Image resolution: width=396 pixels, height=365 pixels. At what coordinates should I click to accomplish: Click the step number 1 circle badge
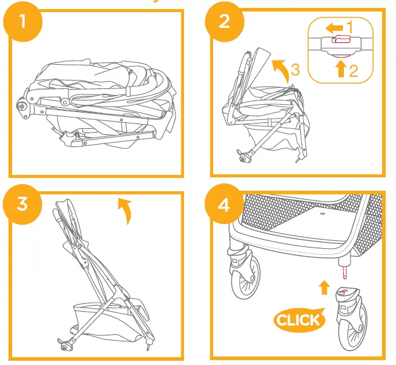click(x=23, y=23)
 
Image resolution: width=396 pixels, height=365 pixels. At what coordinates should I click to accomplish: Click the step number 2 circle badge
click(x=224, y=23)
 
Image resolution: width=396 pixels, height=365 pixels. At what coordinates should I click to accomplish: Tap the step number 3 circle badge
click(x=23, y=204)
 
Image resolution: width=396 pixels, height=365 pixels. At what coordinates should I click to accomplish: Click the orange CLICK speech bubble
click(x=299, y=320)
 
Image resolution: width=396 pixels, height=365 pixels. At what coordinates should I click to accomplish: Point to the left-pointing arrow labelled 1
click(x=334, y=28)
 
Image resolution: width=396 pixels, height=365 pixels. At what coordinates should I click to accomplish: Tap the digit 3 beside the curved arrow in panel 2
click(x=295, y=70)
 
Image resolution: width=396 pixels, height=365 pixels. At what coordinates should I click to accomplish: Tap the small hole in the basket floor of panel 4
click(x=322, y=213)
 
